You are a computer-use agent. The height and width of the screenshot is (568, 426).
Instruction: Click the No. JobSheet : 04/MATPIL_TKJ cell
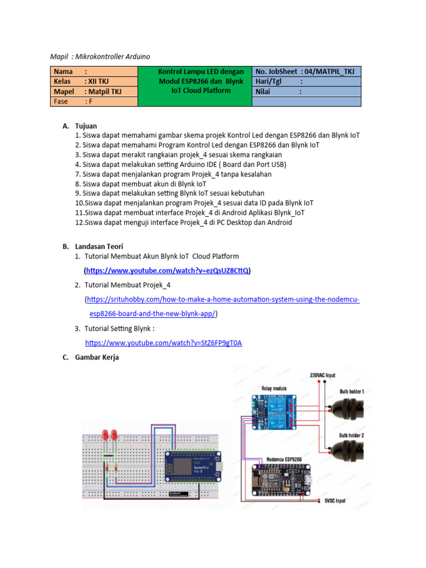click(306, 72)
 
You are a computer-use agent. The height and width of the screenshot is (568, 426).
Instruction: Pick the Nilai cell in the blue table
click(306, 92)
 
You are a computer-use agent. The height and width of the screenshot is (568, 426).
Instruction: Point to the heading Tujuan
click(86, 126)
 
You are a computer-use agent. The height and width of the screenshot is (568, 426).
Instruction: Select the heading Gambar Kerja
click(97, 357)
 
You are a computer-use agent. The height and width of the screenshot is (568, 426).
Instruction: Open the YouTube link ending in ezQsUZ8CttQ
click(167, 271)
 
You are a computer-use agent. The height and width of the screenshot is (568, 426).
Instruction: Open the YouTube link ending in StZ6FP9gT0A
click(163, 343)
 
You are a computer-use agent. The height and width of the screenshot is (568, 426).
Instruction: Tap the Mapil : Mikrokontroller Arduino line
click(100, 57)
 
